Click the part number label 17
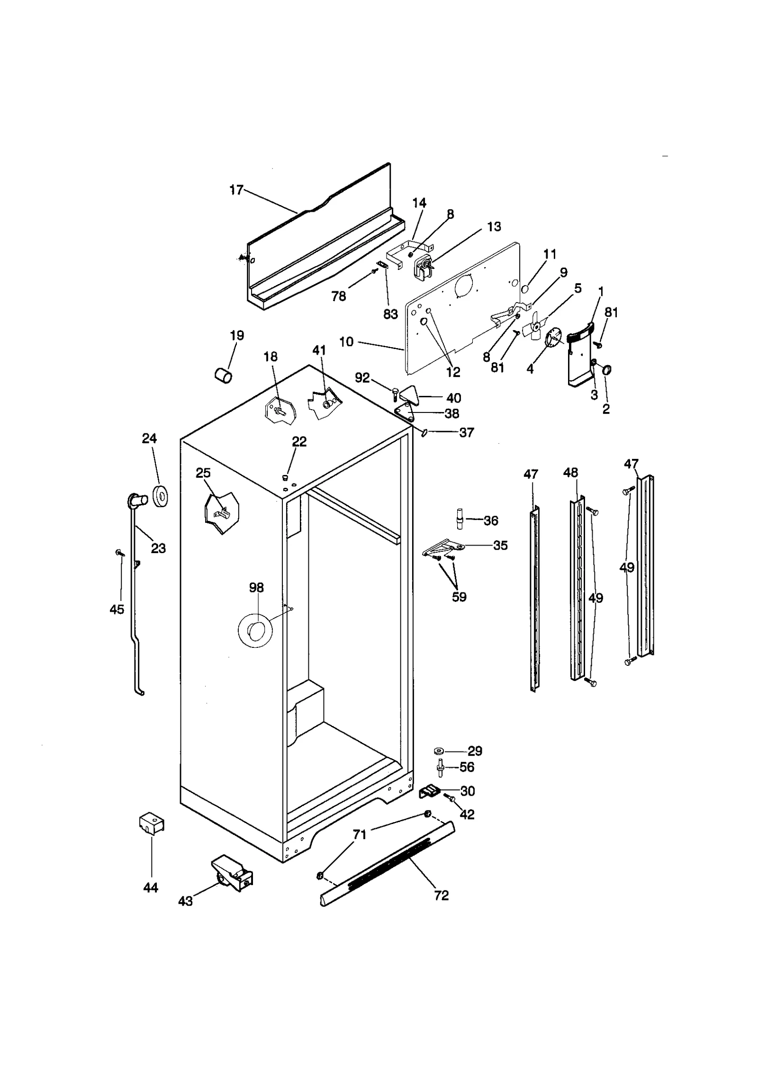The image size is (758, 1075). pos(236,190)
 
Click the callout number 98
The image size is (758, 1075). pos(256,588)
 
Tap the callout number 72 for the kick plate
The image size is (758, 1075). pos(441,896)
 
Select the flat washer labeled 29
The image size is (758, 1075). pos(438,751)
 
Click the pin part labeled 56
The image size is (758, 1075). pos(441,768)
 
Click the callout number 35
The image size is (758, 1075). pos(500,546)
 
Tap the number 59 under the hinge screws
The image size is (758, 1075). pos(459,597)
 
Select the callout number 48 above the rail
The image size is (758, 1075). pos(571,473)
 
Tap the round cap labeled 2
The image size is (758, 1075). pos(607,370)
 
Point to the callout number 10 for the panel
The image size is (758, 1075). pos(346,341)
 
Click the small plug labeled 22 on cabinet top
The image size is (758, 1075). pos(286,477)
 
